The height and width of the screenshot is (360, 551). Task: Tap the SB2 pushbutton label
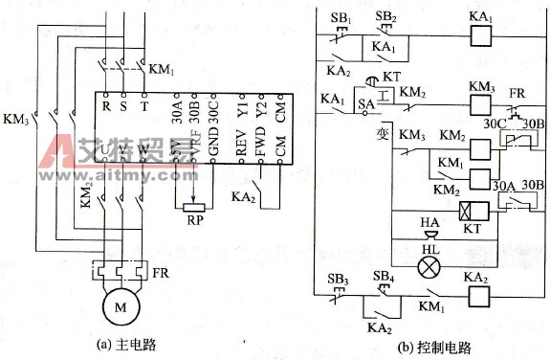[386, 17]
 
